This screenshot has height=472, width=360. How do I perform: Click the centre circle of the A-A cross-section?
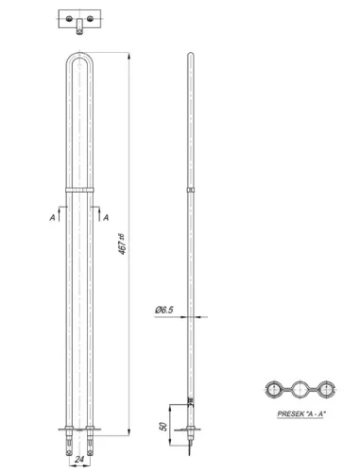301,388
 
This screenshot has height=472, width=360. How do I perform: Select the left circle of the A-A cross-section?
275,388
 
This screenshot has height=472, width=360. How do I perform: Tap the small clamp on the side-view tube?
192,192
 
